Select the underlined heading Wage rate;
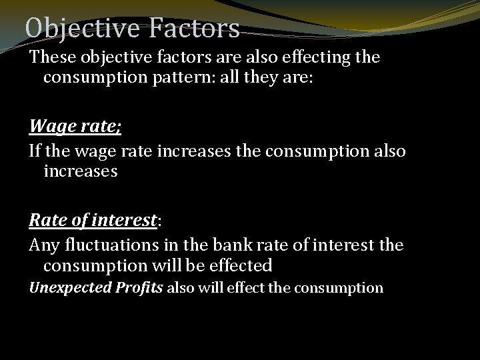pos(75,125)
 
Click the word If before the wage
pos(35,151)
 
